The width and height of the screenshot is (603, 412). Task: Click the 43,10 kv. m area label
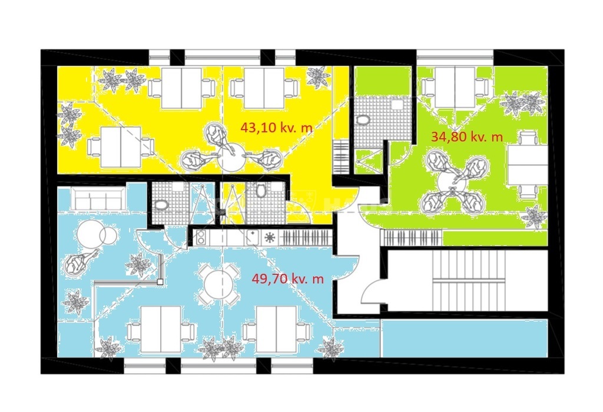tap(277, 127)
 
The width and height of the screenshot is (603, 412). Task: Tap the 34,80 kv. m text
tap(467, 136)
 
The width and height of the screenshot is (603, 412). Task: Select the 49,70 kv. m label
tap(287, 278)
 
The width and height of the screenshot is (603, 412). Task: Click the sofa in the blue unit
tap(98, 198)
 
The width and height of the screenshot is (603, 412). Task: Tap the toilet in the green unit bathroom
tap(363, 120)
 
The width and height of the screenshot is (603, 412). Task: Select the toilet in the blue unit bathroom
tap(160, 205)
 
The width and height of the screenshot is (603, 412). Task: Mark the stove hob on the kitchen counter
tap(201, 238)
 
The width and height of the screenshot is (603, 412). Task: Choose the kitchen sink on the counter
tap(253, 238)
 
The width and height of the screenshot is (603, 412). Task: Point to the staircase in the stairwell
tap(466, 280)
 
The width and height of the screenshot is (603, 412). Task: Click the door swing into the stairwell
tap(371, 291)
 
